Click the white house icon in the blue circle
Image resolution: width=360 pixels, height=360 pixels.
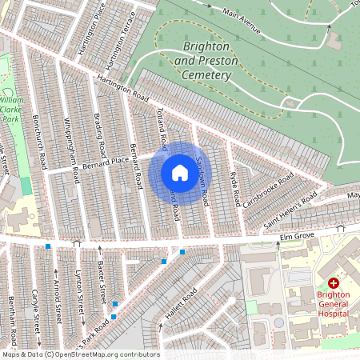180,173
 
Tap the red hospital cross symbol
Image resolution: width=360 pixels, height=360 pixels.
334,284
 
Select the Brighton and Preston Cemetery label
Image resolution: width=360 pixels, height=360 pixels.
207,61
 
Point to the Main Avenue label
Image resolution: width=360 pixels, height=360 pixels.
242,24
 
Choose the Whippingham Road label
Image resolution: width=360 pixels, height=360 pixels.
72,150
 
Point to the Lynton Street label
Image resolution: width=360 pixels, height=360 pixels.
80,298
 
